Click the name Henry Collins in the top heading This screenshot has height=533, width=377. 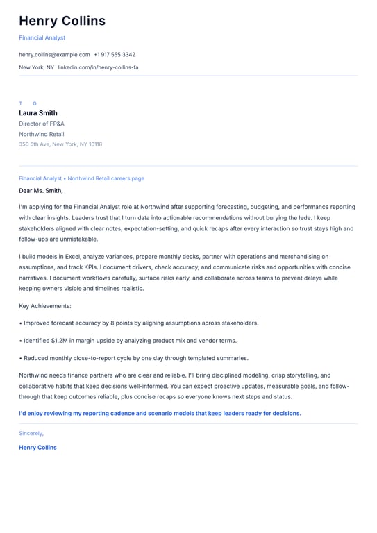(62, 21)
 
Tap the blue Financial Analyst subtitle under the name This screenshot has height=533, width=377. (42, 37)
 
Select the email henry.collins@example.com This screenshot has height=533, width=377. (54, 54)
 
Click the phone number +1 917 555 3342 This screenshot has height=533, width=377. (115, 54)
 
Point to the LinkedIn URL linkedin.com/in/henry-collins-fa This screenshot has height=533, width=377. (98, 67)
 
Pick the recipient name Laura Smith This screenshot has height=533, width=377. (38, 113)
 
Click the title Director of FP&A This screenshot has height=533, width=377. (42, 124)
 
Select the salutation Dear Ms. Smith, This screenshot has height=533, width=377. (41, 190)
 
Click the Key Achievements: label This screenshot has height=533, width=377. (45, 305)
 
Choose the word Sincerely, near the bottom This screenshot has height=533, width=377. (31, 433)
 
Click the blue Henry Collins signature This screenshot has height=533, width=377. (37, 448)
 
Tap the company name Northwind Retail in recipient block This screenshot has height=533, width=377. (42, 134)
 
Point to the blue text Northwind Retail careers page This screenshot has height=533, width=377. (106, 178)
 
